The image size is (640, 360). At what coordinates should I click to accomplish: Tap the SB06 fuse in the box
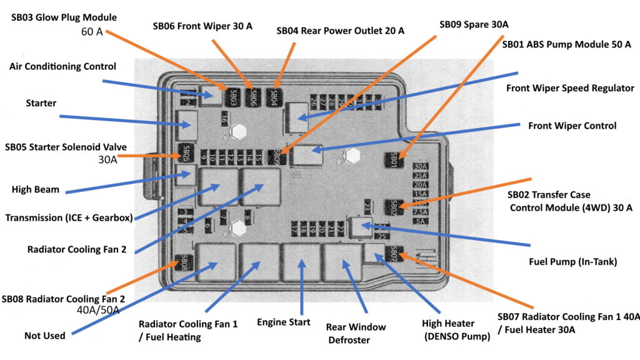tap(252, 97)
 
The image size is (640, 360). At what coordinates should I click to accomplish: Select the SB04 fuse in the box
tap(274, 97)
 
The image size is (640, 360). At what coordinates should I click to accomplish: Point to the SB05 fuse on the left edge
tap(184, 153)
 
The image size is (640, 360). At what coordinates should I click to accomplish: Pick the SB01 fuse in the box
tap(394, 160)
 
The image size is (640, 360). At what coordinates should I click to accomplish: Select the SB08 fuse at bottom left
tap(183, 262)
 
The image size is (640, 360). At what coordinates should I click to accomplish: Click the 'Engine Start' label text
tap(283, 322)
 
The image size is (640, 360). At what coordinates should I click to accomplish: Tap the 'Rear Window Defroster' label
tap(356, 334)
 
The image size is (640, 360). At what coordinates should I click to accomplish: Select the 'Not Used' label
tap(45, 336)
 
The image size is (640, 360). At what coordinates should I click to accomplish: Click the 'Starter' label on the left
tap(41, 102)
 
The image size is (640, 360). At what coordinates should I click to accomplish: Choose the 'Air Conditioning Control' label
tap(62, 66)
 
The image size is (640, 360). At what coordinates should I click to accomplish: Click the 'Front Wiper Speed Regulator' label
tap(570, 88)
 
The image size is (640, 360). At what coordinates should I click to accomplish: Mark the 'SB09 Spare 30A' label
tap(474, 24)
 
